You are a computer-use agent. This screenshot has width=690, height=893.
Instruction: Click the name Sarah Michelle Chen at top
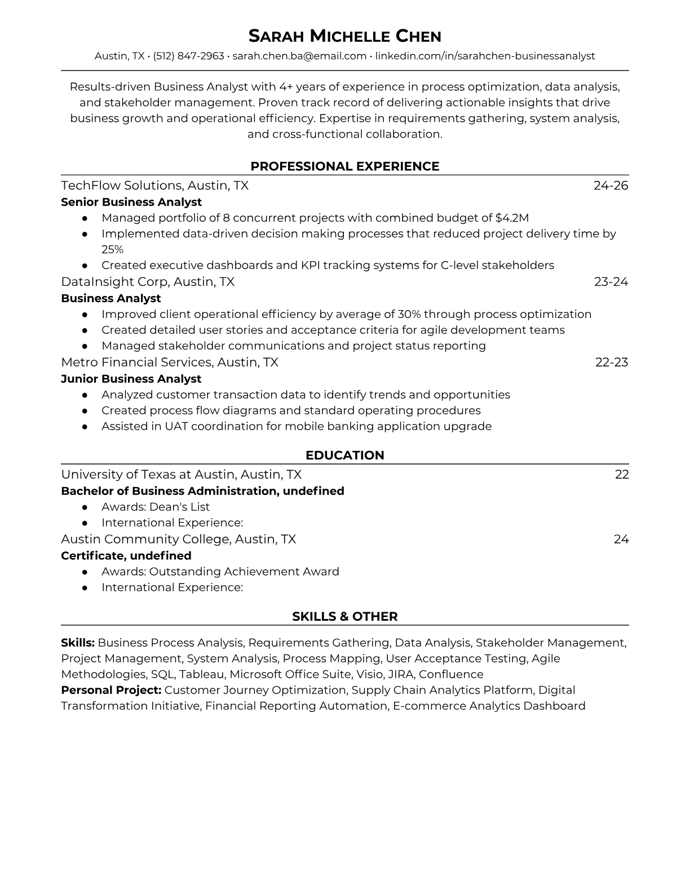[344, 37]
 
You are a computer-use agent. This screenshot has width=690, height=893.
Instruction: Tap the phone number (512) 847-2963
[188, 56]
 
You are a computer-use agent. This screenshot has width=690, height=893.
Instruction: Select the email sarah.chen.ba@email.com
[299, 56]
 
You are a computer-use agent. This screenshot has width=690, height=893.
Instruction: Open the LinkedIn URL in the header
[485, 56]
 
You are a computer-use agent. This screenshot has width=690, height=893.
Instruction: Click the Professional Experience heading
[344, 166]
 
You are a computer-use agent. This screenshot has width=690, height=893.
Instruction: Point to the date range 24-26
[611, 185]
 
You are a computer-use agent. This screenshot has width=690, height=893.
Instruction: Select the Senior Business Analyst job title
[131, 202]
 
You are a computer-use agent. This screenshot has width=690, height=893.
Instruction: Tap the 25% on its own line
[112, 249]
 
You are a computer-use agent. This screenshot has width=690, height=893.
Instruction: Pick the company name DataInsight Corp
[116, 281]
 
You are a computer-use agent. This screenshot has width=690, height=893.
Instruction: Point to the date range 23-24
[611, 281]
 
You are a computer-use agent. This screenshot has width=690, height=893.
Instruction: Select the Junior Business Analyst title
[131, 379]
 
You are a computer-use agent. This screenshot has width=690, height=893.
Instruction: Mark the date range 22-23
[612, 362]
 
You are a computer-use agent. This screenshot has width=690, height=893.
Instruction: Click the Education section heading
[344, 456]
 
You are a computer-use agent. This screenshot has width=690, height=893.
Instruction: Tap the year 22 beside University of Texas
[621, 474]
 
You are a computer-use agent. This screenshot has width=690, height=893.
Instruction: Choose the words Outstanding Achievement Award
[244, 572]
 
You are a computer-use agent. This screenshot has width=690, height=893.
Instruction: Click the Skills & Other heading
[344, 617]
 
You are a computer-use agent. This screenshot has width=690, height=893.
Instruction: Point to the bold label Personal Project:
[111, 690]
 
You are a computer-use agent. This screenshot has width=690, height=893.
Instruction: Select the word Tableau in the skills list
[202, 674]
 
